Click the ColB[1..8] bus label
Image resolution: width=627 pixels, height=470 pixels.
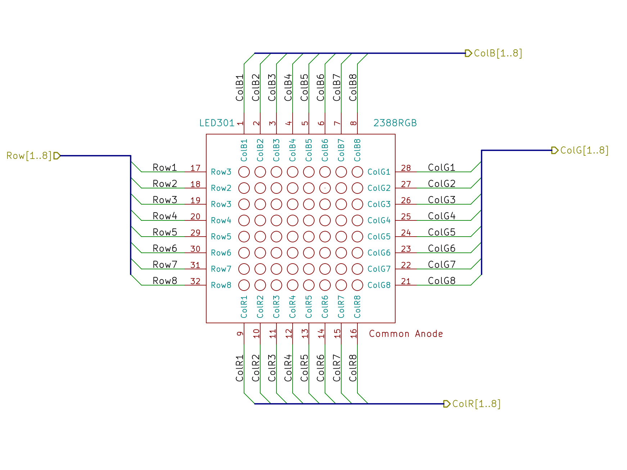tap(497, 53)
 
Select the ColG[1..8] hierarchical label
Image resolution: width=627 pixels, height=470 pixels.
tap(584, 150)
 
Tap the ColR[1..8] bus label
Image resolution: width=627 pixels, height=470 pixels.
tap(476, 404)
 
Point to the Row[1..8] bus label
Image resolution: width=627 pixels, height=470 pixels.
tap(29, 156)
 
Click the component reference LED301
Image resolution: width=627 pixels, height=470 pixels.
tap(217, 123)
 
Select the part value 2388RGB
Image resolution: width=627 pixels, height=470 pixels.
tap(395, 123)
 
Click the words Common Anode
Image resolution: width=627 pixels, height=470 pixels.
tap(406, 334)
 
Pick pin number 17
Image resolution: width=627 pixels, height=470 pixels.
tap(195, 168)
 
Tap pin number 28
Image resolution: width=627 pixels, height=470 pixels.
tap(406, 168)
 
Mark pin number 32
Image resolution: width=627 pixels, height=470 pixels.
tap(195, 281)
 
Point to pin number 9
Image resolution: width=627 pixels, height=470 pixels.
tap(240, 333)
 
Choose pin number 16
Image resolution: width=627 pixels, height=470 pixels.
tap(353, 333)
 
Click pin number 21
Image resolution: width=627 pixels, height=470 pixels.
tap(406, 281)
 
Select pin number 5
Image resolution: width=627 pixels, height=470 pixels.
tap(305, 123)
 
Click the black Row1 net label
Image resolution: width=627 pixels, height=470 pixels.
tap(164, 168)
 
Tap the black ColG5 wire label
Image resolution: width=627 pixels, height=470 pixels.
tap(442, 232)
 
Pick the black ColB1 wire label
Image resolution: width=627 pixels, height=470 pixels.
tap(240, 88)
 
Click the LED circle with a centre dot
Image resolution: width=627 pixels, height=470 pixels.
tap(325, 188)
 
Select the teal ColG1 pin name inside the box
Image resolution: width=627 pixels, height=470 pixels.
tap(379, 172)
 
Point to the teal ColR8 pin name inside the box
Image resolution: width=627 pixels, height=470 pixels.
tap(357, 307)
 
